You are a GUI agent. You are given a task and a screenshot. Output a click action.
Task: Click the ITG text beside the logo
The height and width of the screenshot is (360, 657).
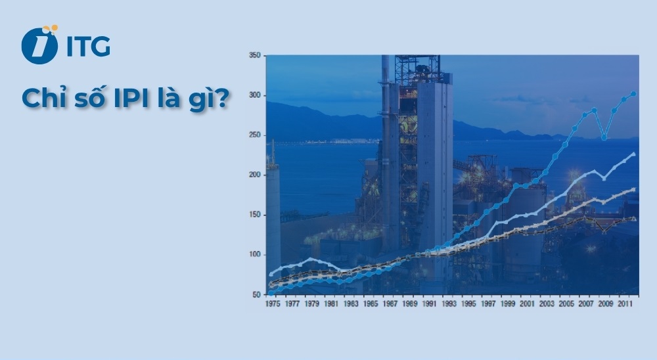[87, 47]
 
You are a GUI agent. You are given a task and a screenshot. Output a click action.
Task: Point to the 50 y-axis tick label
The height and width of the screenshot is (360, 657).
[257, 294]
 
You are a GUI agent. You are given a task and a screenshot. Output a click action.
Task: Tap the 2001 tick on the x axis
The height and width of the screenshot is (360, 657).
[528, 305]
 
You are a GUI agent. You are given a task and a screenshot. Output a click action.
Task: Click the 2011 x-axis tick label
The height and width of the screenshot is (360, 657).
[625, 305]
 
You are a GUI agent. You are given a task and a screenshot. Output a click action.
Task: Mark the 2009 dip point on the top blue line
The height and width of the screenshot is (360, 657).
[604, 138]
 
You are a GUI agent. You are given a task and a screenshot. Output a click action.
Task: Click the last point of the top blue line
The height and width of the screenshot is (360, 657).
[633, 94]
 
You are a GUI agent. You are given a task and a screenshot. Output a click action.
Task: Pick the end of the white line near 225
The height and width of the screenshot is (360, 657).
[633, 154]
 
